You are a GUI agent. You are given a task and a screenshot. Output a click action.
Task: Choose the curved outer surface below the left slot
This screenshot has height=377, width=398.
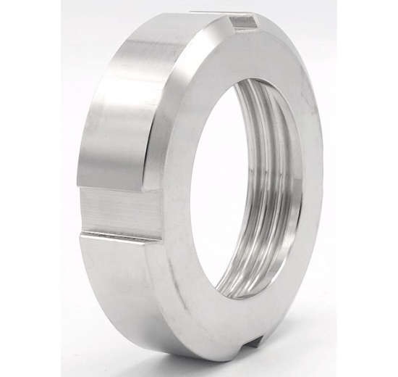(123, 290)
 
